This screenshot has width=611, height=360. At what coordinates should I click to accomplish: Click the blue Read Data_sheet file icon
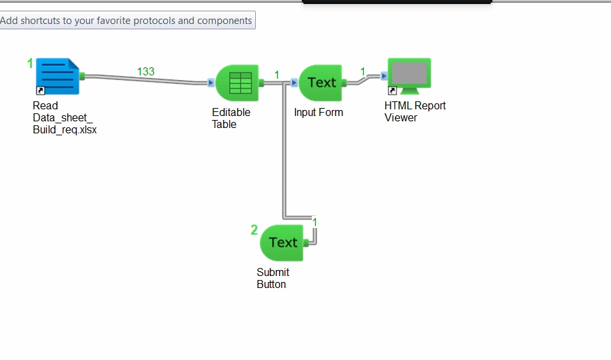[58, 77]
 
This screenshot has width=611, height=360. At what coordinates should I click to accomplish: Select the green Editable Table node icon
[237, 83]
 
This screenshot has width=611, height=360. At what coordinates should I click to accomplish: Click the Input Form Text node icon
[320, 83]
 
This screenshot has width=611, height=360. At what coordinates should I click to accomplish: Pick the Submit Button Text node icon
[281, 243]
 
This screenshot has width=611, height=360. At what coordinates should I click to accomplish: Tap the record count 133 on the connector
[146, 72]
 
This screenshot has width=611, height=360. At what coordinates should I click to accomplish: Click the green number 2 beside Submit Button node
[254, 230]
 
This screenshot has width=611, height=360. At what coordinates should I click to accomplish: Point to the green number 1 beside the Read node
[30, 63]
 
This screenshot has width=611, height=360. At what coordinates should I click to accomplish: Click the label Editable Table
[231, 118]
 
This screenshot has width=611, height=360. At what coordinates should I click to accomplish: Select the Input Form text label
[318, 112]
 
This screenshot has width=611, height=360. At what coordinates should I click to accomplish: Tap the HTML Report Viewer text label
[415, 111]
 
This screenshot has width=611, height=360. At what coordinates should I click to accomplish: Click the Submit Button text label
[273, 278]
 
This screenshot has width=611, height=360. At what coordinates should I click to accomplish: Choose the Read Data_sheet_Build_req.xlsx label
[65, 117]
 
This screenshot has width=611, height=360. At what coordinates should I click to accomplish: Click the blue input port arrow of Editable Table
[211, 83]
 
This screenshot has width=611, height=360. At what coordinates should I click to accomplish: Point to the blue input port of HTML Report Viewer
[384, 76]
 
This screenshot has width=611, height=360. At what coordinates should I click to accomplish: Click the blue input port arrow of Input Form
[295, 83]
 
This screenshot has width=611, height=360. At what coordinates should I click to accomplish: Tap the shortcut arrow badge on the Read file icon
[41, 91]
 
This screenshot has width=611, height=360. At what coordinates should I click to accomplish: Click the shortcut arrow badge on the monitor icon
[392, 91]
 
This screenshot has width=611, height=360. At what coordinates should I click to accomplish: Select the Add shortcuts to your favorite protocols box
[127, 20]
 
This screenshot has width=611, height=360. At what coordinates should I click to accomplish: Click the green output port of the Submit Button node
[306, 243]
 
